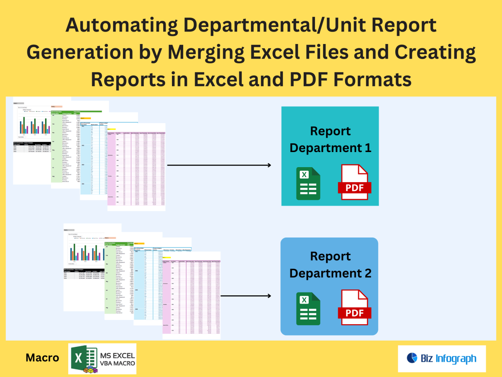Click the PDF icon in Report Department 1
point(354,183)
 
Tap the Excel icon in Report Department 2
point(309,309)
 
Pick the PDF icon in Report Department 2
point(354,309)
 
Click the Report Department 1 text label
point(330,139)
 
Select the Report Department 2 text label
point(330,265)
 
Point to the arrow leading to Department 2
point(247,296)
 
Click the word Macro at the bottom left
point(42,358)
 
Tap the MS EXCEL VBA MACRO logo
point(102,359)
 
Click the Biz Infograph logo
point(441,359)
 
